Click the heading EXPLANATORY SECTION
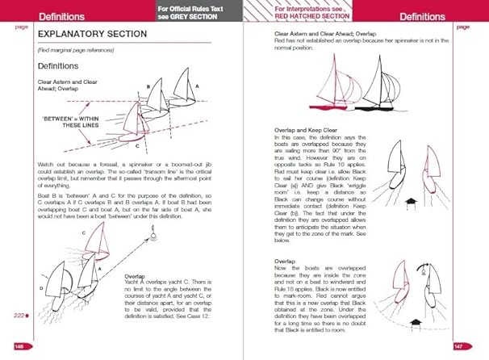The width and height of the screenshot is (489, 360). click(92, 34)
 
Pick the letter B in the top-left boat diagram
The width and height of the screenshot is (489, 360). click(148, 86)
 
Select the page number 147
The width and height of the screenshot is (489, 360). click(462, 345)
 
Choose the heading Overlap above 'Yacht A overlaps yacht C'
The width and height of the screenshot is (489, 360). click(136, 274)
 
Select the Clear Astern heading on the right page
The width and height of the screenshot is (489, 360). click(317, 34)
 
